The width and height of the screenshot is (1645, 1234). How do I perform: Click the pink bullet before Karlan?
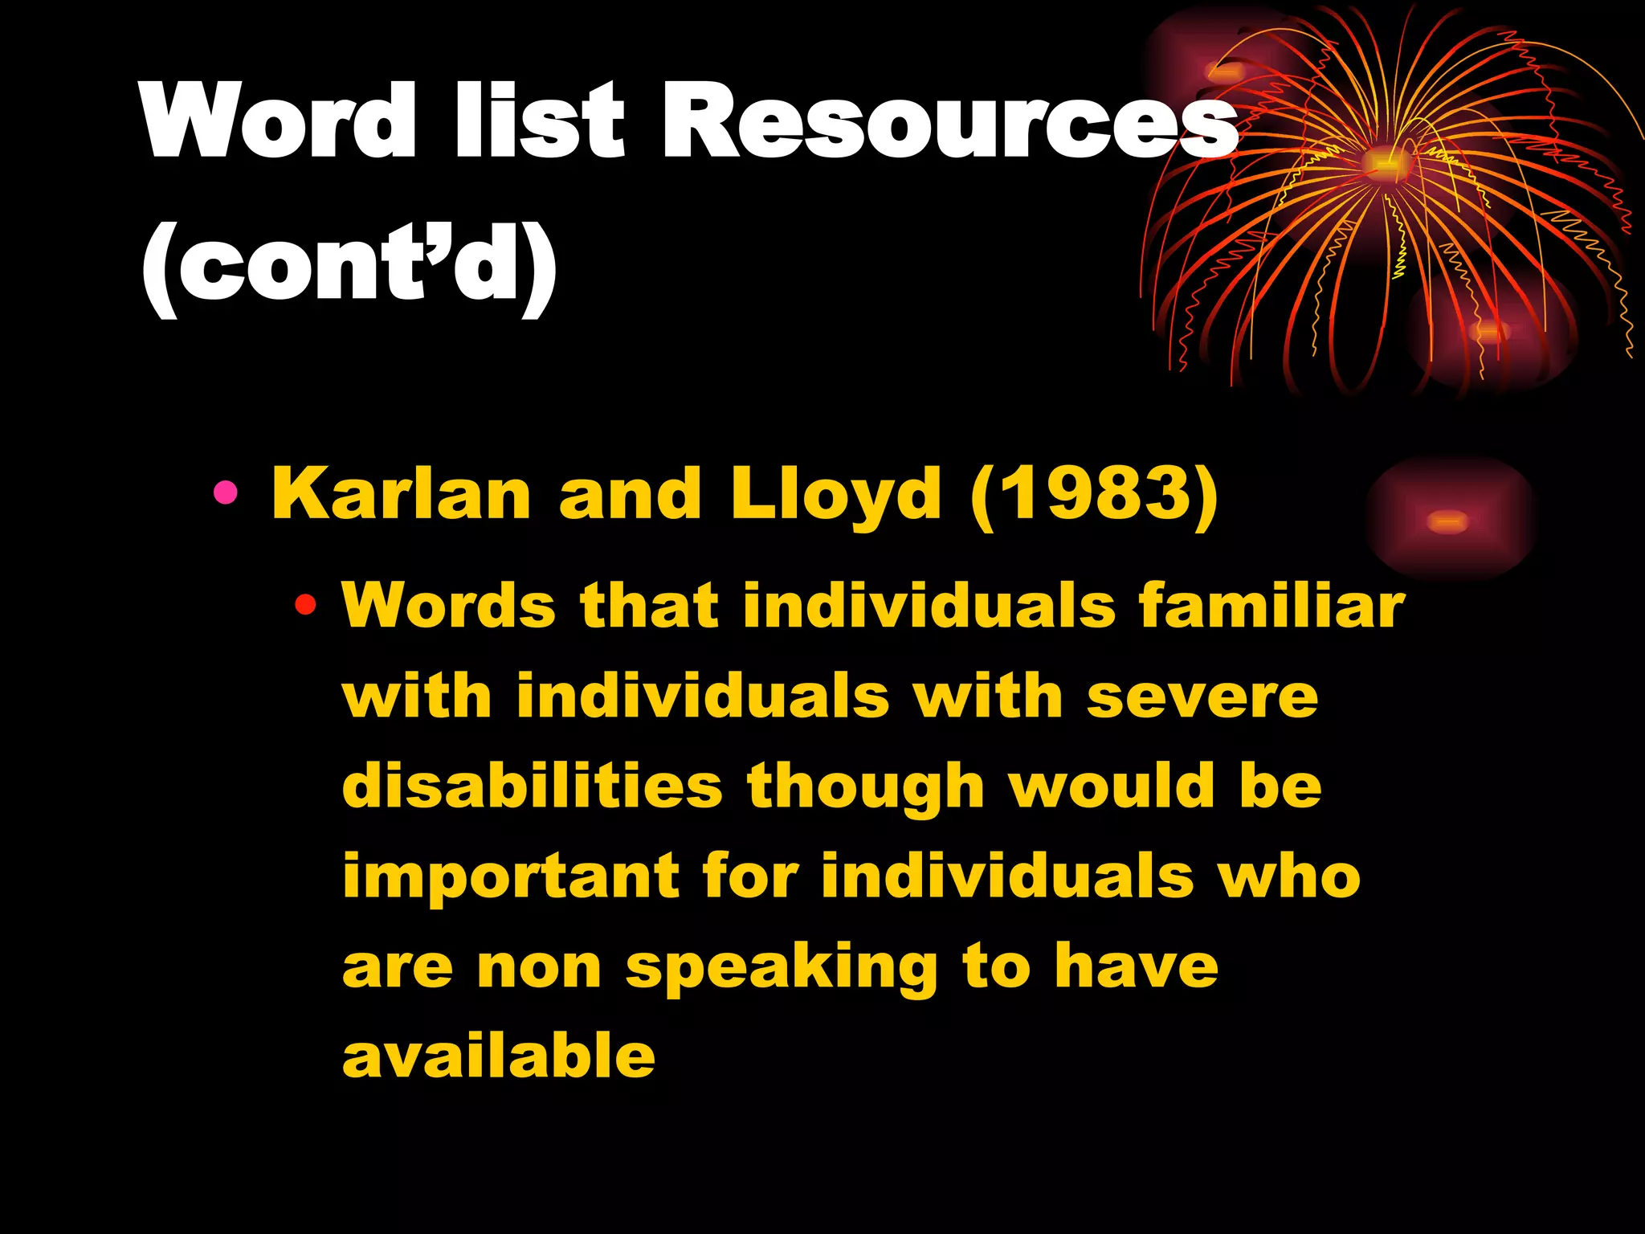226,492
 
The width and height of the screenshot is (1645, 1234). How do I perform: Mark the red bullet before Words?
305,604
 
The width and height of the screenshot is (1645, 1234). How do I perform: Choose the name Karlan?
402,493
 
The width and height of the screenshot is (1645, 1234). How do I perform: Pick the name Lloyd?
835,495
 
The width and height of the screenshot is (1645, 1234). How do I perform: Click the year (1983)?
1095,493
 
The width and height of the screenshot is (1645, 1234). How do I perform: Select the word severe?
1202,696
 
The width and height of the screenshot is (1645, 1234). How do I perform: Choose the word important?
510,876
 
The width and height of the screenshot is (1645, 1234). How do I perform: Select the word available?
499,1056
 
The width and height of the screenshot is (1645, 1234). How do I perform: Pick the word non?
539,967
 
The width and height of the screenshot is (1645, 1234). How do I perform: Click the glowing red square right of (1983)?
1450,520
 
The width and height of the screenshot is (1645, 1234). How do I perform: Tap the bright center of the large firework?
1384,163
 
